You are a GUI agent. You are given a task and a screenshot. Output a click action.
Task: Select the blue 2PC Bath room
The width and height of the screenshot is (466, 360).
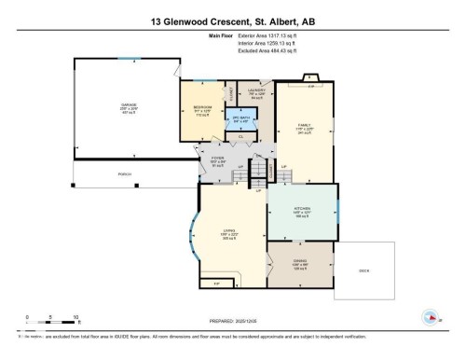point(240,119)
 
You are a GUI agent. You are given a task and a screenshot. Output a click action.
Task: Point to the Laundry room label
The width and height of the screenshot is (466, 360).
point(257,91)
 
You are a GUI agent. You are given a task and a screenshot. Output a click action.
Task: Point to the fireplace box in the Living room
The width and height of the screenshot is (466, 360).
point(216,284)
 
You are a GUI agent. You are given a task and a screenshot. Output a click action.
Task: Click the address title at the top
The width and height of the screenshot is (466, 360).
point(233,19)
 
